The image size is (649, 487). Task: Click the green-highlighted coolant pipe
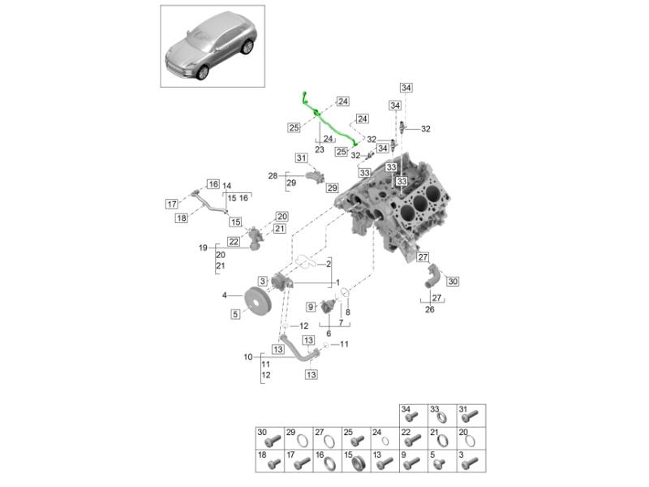point(329,122)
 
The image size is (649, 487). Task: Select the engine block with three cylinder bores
point(402,203)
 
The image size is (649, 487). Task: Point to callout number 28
point(273,175)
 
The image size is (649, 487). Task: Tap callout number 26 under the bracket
point(431,308)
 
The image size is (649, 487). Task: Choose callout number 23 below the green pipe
point(319,150)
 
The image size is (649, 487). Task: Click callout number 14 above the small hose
point(226,186)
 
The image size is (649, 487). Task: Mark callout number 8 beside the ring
point(348,311)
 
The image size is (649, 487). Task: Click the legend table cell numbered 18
point(268,463)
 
